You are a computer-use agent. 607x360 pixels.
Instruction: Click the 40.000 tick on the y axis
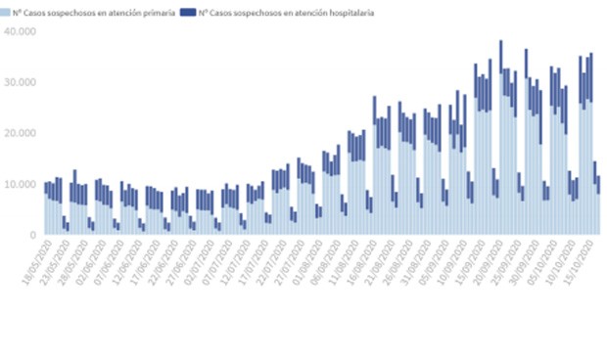click(20, 31)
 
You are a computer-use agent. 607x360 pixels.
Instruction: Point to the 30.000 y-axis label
click(20, 82)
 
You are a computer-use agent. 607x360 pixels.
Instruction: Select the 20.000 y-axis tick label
click(20, 133)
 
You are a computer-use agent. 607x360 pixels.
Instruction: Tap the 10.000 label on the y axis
click(20, 184)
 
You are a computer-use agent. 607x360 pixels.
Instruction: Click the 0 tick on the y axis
click(32, 235)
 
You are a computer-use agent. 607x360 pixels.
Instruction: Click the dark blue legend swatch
click(187, 13)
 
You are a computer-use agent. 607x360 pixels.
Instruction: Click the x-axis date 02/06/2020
click(108, 262)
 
